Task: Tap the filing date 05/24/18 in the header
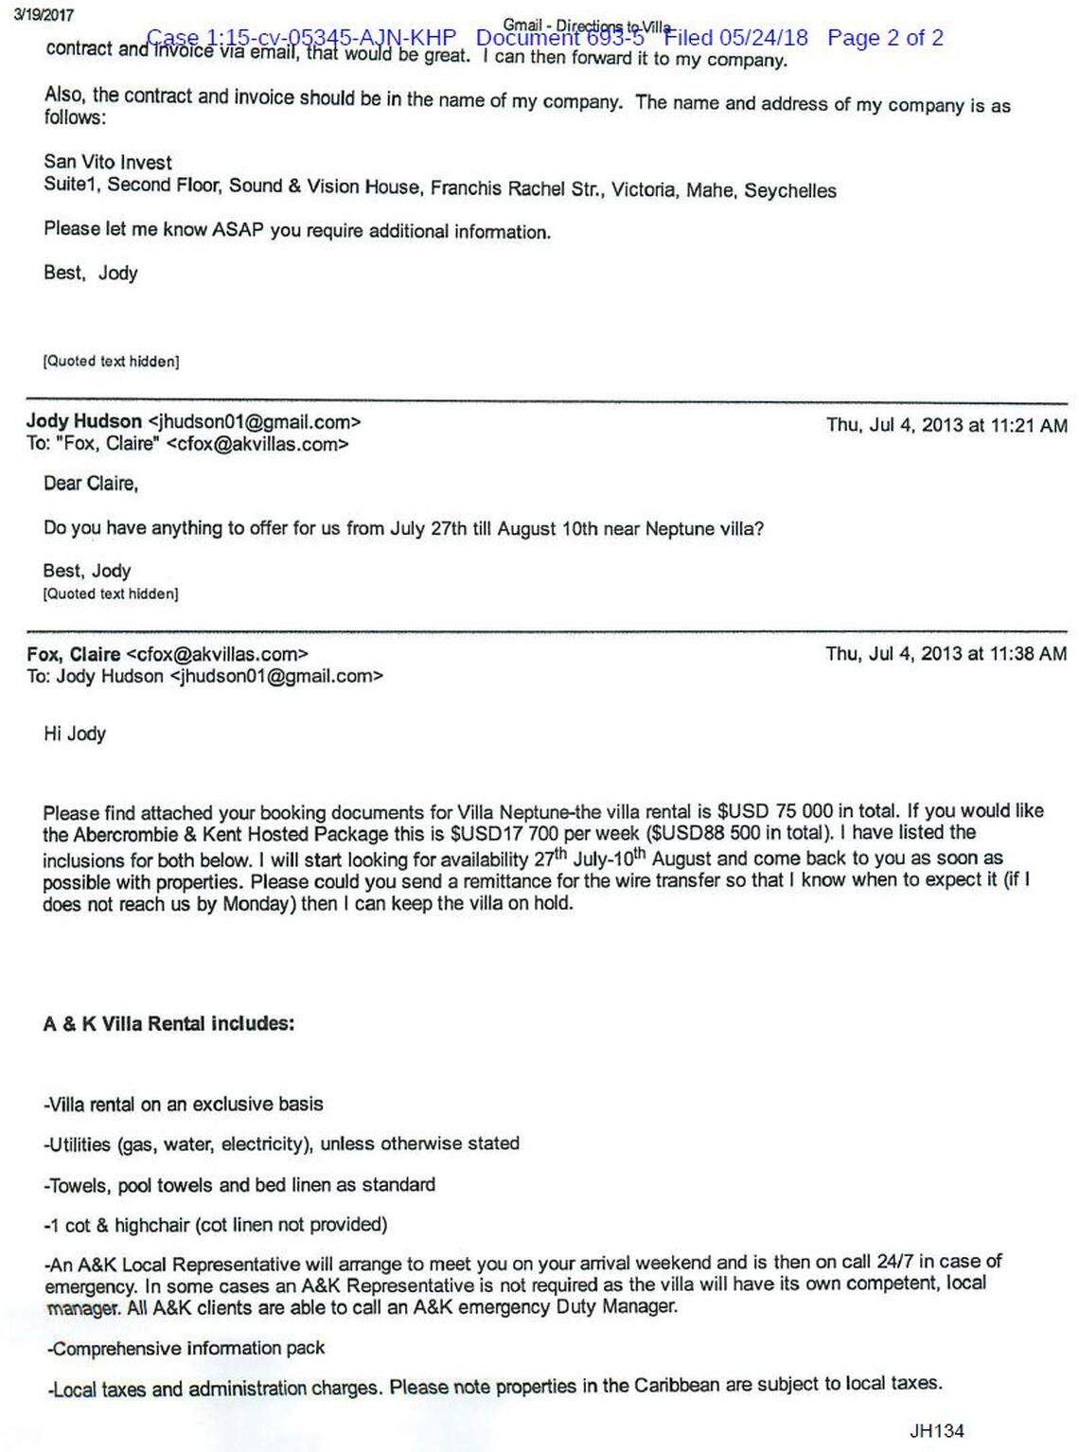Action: pyautogui.click(x=763, y=38)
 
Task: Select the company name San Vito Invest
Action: pyautogui.click(x=108, y=162)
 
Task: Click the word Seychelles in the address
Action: pyautogui.click(x=789, y=190)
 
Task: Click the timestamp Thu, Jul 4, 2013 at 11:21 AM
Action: pyautogui.click(x=946, y=425)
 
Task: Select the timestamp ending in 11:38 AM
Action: pyautogui.click(x=946, y=654)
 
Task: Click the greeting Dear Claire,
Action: pyautogui.click(x=91, y=484)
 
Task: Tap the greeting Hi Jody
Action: pyautogui.click(x=75, y=734)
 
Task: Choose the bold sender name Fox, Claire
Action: pyautogui.click(x=74, y=654)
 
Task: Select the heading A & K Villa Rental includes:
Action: pyautogui.click(x=168, y=1023)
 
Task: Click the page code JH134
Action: pyautogui.click(x=936, y=1430)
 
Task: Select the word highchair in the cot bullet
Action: pyautogui.click(x=152, y=1225)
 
